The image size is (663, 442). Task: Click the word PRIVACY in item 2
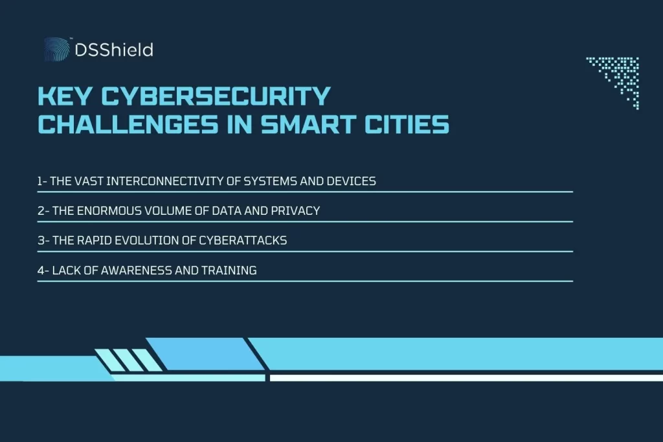(296, 211)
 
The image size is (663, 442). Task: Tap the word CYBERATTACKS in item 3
(249, 241)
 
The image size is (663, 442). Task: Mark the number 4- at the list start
(42, 271)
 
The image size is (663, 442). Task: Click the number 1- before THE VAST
(42, 181)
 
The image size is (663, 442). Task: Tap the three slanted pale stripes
(129, 360)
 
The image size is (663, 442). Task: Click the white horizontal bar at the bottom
(466, 378)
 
